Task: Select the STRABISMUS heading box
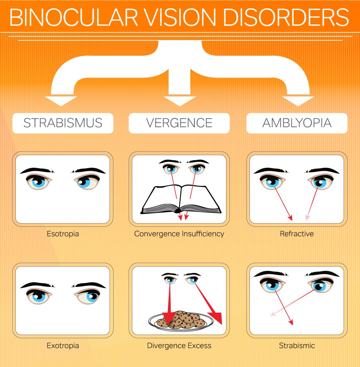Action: tap(63, 123)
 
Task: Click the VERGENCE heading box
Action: tap(179, 123)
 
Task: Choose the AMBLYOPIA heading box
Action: tap(297, 123)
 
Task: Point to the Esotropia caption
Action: tap(63, 234)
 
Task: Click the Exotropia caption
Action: tap(63, 345)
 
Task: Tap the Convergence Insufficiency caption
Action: tap(179, 234)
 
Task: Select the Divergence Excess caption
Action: tap(179, 345)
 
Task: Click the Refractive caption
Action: tap(297, 234)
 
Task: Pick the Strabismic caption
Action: tap(297, 345)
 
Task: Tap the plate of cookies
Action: tap(180, 321)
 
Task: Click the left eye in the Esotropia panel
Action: tap(39, 182)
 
